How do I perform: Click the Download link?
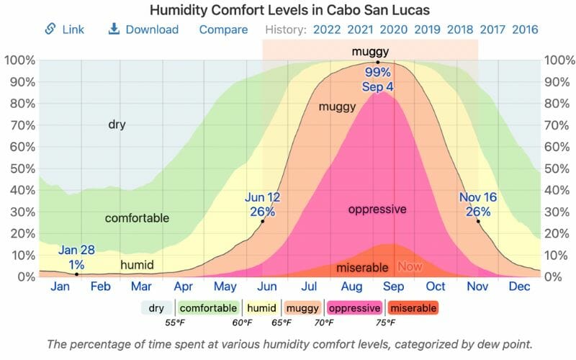[143, 30]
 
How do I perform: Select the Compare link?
[223, 30]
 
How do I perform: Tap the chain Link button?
[64, 30]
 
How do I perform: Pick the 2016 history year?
[525, 30]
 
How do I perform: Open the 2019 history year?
[428, 30]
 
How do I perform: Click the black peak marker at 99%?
[377, 62]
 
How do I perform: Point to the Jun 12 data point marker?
[263, 221]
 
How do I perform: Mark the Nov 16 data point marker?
[478, 221]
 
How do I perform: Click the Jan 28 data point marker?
[77, 274]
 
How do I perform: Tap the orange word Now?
[409, 266]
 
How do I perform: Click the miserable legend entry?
[414, 308]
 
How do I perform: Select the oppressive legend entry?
[354, 308]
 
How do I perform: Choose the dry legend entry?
[156, 308]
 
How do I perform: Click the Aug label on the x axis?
[351, 286]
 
